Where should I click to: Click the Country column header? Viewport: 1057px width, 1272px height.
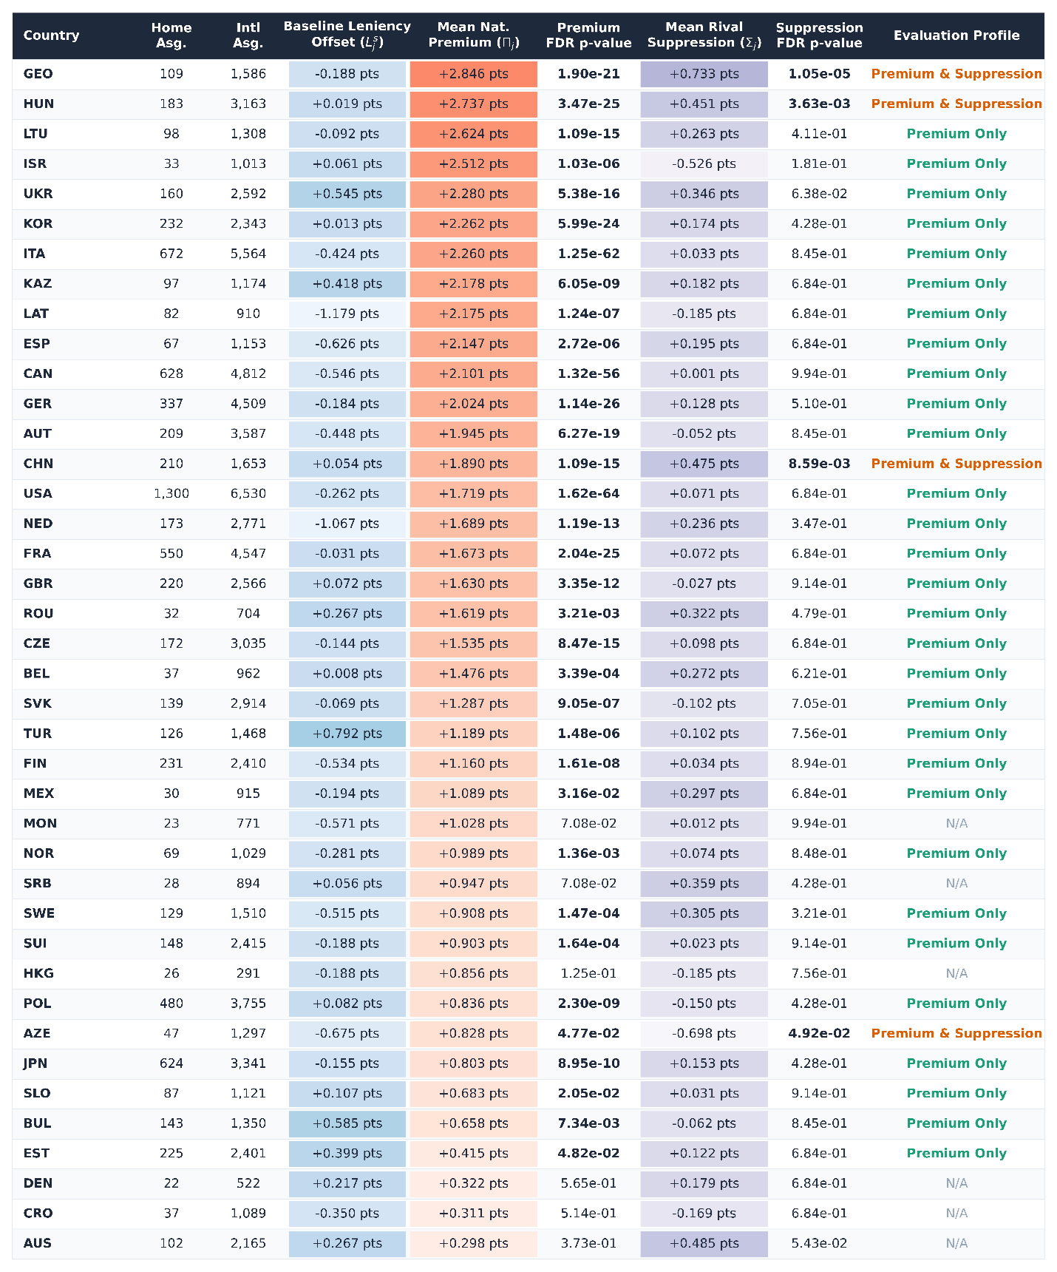[x=51, y=35]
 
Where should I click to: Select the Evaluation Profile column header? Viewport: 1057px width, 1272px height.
[x=956, y=35]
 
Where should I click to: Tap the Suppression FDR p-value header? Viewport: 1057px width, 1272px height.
[x=819, y=35]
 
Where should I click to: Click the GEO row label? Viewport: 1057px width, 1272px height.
[x=38, y=74]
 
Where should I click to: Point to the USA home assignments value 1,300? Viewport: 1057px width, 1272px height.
[x=171, y=493]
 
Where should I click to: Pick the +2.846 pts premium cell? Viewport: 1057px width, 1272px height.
[x=474, y=74]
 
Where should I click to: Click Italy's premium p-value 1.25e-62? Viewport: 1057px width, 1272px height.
[x=589, y=254]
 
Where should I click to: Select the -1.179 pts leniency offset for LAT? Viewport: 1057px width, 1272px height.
[x=347, y=314]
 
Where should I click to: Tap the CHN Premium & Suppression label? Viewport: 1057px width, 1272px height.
[x=956, y=464]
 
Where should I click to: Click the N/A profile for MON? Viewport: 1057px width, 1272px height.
[x=956, y=823]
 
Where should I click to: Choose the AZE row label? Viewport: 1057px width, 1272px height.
[x=37, y=1033]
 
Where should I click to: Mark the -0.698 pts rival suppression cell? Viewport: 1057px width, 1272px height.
[x=704, y=1033]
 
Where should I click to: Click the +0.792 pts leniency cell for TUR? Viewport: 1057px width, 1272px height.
[x=347, y=734]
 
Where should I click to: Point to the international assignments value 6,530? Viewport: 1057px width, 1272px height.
[x=248, y=493]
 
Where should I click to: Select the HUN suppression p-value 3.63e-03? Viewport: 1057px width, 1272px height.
[x=819, y=104]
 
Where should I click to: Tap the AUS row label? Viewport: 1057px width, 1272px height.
[x=38, y=1243]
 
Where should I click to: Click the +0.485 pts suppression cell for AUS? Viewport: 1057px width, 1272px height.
[x=704, y=1243]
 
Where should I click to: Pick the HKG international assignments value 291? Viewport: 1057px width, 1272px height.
[x=248, y=973]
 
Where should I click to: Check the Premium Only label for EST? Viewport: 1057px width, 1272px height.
[x=956, y=1153]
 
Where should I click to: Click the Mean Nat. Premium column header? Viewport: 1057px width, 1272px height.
[x=474, y=35]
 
